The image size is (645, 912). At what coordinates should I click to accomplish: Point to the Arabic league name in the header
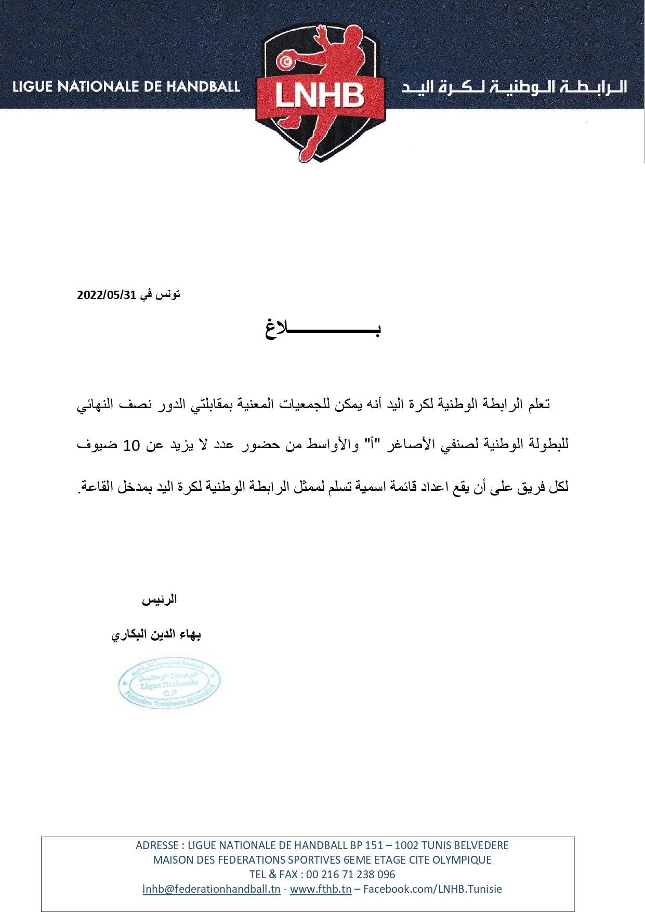[514, 87]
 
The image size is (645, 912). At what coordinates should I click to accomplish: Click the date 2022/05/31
[107, 295]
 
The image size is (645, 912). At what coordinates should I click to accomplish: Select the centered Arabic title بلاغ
[323, 329]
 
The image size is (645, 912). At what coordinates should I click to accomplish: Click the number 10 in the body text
[131, 446]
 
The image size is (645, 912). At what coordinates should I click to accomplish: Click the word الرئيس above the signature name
[160, 600]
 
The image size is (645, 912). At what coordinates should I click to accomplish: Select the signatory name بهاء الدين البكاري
[156, 635]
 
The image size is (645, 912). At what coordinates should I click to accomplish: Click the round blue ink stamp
[169, 683]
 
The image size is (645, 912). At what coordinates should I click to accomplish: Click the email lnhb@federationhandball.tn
[212, 889]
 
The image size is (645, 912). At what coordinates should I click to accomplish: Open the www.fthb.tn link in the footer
[321, 889]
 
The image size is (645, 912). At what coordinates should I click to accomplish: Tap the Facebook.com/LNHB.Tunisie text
[432, 889]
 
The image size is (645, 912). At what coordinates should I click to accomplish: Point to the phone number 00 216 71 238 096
[351, 875]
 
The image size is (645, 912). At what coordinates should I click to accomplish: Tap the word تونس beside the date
[168, 294]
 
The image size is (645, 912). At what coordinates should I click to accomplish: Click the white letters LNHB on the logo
[320, 96]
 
